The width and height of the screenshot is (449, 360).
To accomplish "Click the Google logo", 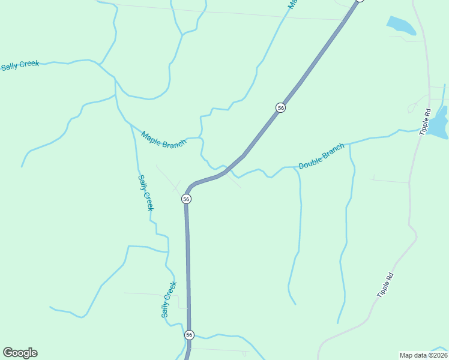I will (x=20, y=353).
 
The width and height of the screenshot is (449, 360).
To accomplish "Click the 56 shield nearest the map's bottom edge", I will (x=190, y=335).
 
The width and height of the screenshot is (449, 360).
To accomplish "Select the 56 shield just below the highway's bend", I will (x=186, y=199).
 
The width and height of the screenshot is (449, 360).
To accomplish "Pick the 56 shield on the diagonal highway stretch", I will (x=280, y=107).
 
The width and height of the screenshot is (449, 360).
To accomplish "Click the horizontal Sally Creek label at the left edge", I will (x=20, y=65).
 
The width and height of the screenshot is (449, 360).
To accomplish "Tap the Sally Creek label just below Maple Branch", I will (x=146, y=193).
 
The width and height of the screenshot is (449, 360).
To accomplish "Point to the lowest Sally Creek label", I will (x=169, y=299).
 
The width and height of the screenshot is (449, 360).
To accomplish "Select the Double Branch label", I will (x=322, y=156).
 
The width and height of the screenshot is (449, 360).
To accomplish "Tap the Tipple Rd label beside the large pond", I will (x=426, y=121).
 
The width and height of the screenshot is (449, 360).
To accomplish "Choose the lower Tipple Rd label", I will (x=386, y=286).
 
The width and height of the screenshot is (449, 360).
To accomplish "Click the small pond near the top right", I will (x=401, y=26).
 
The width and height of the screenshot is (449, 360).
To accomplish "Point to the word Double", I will (x=312, y=161).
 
